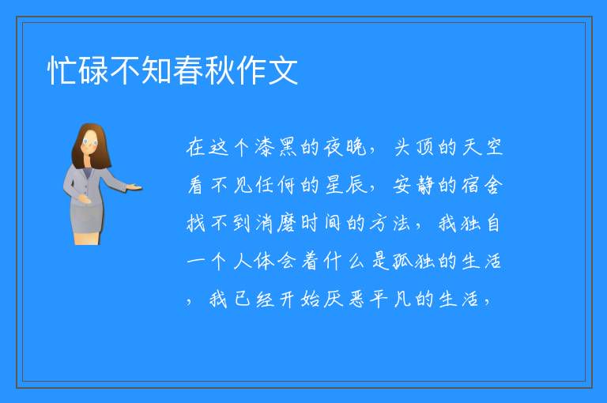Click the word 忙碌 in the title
point(77,70)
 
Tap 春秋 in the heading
point(204,70)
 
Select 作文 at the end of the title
point(266,70)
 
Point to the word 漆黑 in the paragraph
point(275,148)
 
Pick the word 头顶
point(413,148)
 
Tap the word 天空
point(482,148)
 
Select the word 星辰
point(345,185)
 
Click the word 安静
point(413,185)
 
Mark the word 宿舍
point(482,185)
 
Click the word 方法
point(390,224)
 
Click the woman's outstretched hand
point(134,188)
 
